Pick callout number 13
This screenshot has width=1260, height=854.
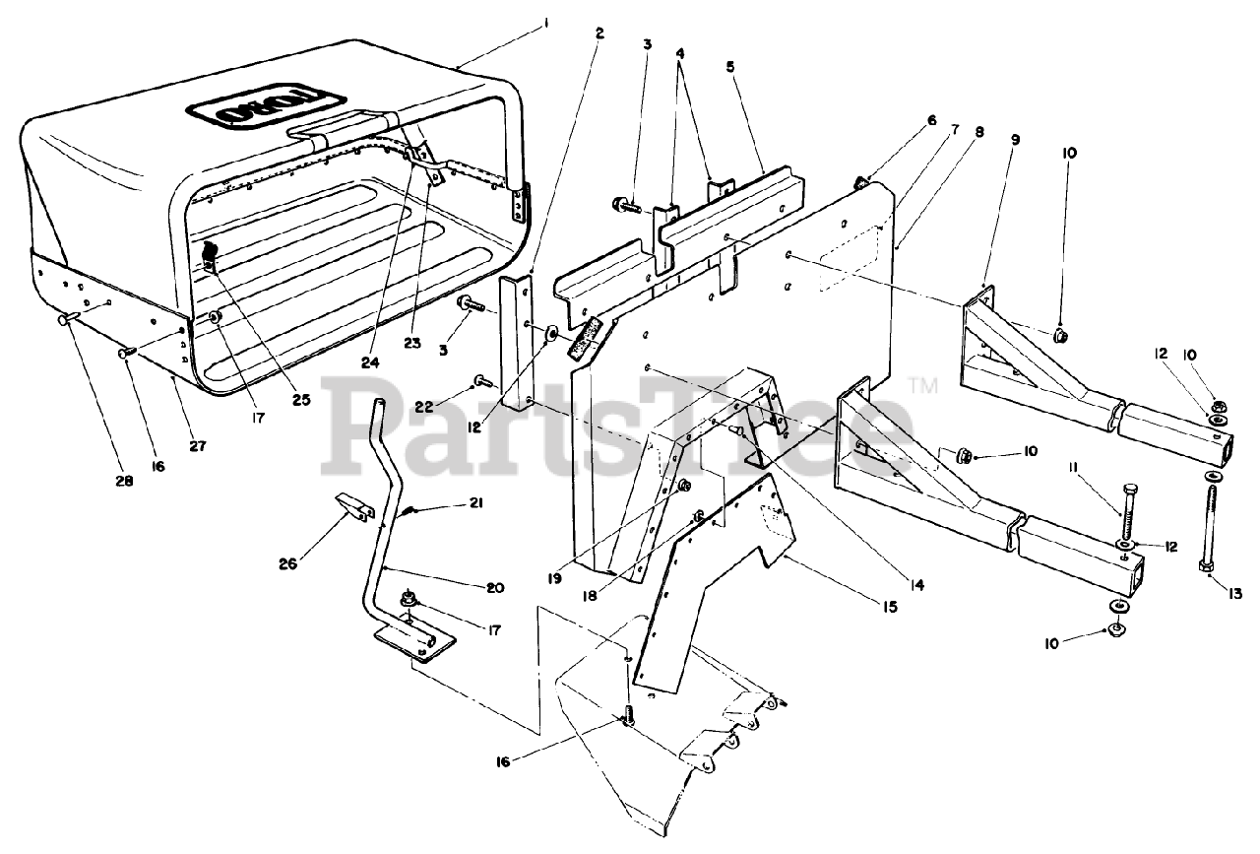coord(1234,593)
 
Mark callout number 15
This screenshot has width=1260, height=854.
coord(889,608)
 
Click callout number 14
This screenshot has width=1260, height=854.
coord(916,585)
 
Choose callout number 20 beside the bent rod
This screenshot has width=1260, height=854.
coord(494,588)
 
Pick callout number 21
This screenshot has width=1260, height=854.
coord(476,504)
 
